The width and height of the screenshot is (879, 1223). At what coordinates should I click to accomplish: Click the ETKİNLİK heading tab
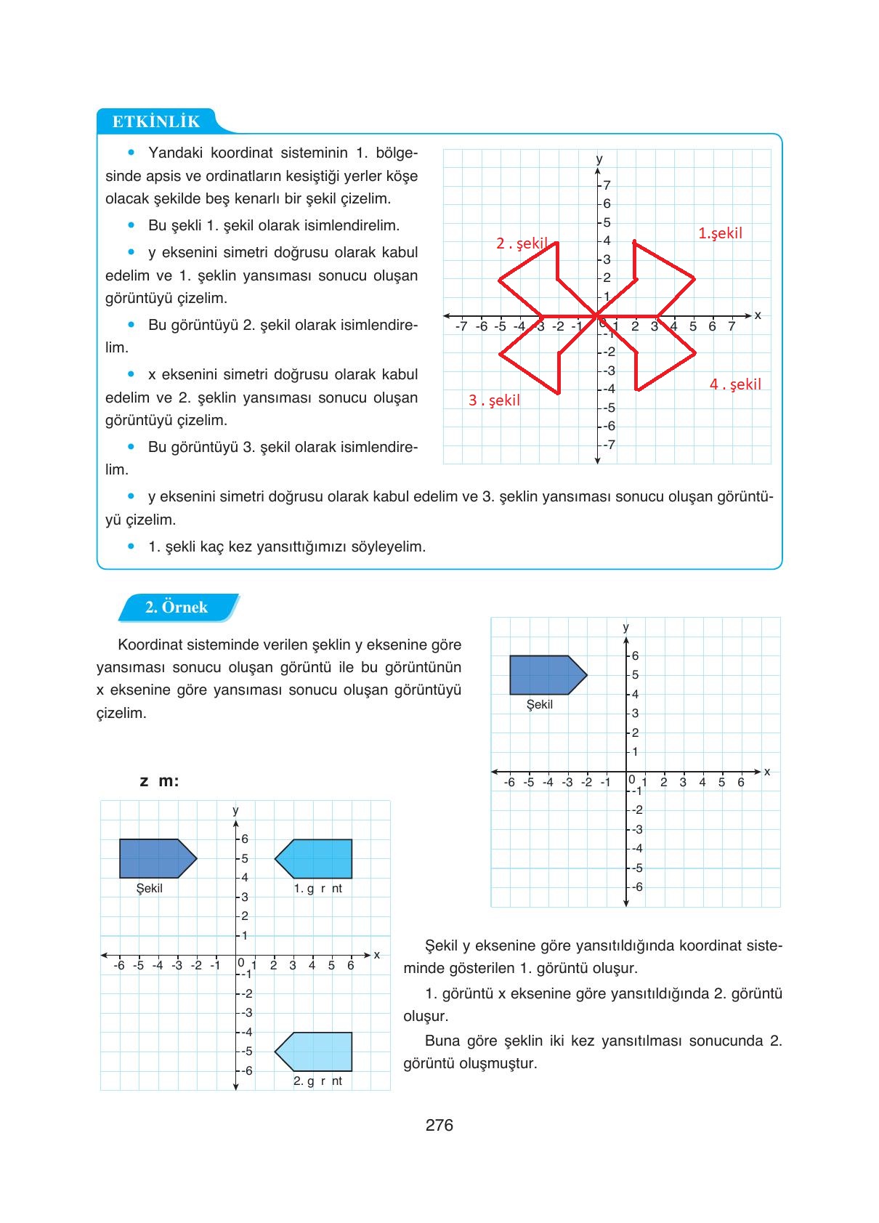click(x=156, y=121)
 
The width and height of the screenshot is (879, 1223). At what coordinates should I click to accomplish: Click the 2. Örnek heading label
click(x=177, y=608)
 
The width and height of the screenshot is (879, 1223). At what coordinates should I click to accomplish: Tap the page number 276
click(x=439, y=1125)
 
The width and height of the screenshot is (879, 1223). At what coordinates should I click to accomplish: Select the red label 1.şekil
click(x=720, y=233)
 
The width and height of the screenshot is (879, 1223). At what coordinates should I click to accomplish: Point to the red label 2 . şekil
click(x=521, y=243)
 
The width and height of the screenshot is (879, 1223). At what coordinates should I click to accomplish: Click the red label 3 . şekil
click(x=494, y=400)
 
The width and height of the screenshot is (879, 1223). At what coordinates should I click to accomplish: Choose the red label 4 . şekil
click(x=735, y=384)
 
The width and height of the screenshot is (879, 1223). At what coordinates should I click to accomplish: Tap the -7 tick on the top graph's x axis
click(x=461, y=326)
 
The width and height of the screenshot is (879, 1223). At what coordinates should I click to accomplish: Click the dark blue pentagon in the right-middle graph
click(x=545, y=675)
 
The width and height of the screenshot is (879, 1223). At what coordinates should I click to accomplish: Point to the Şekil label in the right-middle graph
click(x=539, y=705)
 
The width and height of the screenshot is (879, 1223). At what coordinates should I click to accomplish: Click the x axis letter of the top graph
click(x=758, y=315)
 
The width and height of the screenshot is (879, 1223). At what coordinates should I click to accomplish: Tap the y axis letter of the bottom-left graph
click(x=235, y=810)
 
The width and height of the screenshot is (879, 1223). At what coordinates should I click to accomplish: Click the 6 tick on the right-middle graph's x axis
click(x=741, y=783)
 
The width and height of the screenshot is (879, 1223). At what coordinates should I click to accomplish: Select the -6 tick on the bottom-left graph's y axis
click(x=246, y=1070)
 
